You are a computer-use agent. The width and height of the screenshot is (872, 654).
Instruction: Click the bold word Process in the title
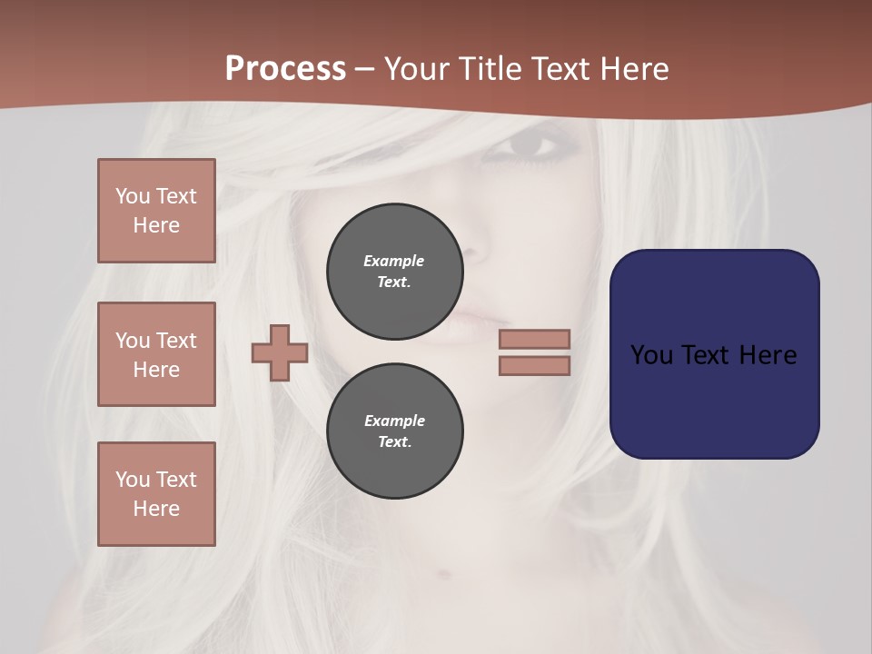coord(285,69)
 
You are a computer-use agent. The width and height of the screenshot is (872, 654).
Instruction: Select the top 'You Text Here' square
coord(156,211)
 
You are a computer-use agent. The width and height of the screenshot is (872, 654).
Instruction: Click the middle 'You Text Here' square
coord(156,354)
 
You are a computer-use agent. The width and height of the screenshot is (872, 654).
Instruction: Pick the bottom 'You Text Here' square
coord(156,494)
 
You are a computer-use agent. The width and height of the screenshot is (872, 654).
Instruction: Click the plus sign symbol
coord(280,352)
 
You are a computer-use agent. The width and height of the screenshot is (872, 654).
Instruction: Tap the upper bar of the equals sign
coord(534,339)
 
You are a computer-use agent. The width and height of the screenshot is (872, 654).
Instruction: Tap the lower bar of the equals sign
coord(534,366)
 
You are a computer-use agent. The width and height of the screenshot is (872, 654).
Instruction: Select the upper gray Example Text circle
coord(395,271)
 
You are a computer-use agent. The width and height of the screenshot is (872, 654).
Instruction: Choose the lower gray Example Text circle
coord(395,431)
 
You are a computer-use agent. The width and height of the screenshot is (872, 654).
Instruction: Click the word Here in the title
coord(633,69)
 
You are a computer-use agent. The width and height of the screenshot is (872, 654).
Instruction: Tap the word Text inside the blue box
coord(704,355)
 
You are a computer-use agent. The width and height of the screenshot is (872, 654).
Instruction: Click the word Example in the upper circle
coord(393,261)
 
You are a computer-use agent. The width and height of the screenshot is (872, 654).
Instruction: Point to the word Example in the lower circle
coord(394,421)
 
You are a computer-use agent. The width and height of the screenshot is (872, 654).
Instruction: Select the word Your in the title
coord(416,69)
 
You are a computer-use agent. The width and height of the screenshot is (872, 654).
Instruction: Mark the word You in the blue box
coord(650,355)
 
